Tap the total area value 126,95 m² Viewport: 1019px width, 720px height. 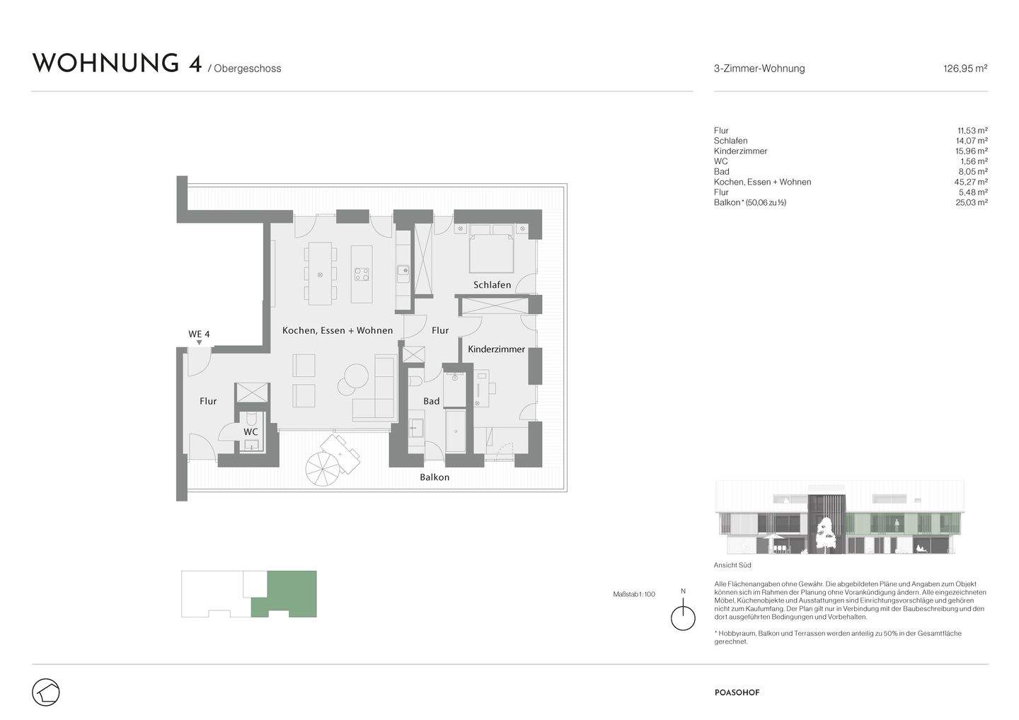point(965,69)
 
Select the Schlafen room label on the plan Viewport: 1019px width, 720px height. point(492,285)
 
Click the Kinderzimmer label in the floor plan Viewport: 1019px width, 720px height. point(496,349)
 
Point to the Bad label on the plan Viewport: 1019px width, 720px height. point(431,401)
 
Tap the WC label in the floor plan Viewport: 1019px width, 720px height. point(251,431)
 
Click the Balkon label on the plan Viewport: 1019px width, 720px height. point(434,477)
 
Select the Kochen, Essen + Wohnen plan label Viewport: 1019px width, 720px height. point(337,330)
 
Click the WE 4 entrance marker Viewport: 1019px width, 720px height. point(199,335)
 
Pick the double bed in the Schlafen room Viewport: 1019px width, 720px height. point(492,251)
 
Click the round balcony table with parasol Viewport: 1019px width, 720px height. point(323,467)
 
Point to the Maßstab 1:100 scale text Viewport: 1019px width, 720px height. point(633,594)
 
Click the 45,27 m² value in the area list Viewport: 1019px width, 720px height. point(971,182)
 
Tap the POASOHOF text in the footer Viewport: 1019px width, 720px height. point(736,692)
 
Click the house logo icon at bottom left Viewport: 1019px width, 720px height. point(46,692)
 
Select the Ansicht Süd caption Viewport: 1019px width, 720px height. point(732,565)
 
